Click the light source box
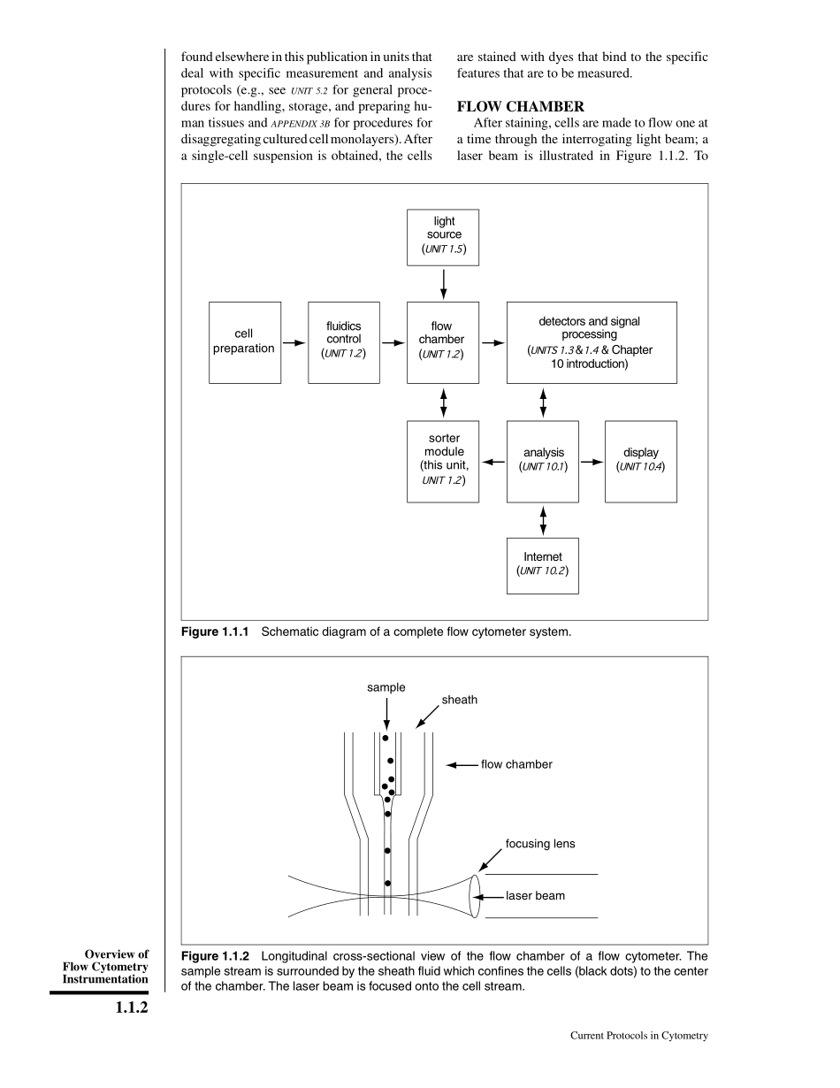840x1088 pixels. click(x=443, y=237)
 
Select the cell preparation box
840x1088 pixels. click(x=244, y=342)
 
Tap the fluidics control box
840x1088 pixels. click(x=344, y=342)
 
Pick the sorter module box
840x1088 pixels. click(x=443, y=461)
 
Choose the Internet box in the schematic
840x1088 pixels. click(x=542, y=565)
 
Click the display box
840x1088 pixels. click(x=640, y=461)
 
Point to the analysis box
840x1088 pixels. click(x=542, y=461)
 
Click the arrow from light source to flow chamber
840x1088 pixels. click(x=443, y=283)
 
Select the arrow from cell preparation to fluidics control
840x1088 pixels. click(x=294, y=342)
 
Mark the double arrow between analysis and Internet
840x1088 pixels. click(x=543, y=520)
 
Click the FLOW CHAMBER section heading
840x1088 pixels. click(x=520, y=107)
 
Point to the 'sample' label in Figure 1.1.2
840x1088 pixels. click(x=386, y=687)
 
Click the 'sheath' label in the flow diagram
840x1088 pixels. click(x=460, y=700)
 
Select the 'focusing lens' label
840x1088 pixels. click(x=540, y=844)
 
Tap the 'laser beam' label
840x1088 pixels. click(x=535, y=896)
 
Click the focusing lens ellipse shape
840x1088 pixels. click(x=475, y=896)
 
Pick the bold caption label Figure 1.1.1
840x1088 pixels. click(x=217, y=632)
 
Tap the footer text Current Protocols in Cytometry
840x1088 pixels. click(x=639, y=1036)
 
